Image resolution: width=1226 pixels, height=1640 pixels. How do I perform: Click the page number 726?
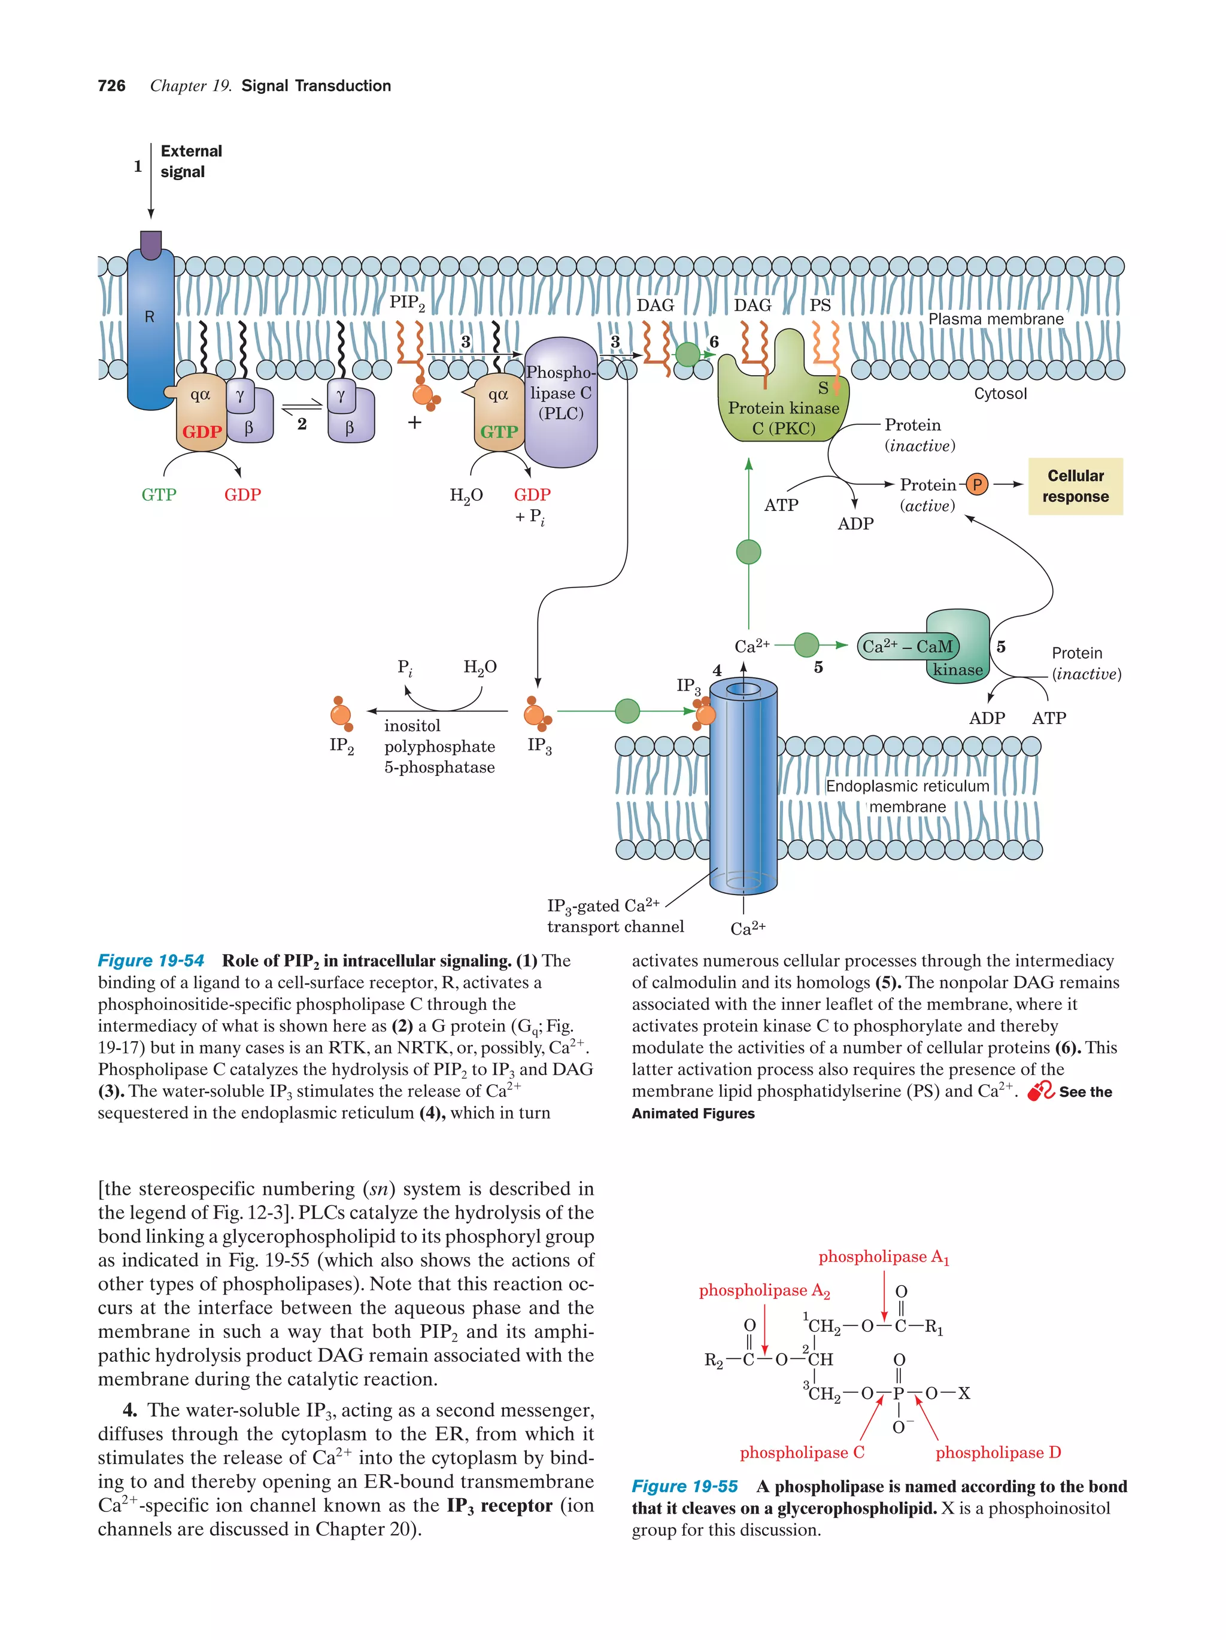tap(111, 86)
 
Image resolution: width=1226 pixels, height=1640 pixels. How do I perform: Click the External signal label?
tap(190, 162)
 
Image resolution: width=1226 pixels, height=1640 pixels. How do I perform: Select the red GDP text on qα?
tap(202, 431)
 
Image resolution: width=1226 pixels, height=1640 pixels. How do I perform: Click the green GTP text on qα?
tap(499, 431)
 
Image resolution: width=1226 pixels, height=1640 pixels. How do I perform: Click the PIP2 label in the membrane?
tap(407, 303)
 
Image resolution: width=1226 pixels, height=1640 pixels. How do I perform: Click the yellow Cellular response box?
tap(1075, 486)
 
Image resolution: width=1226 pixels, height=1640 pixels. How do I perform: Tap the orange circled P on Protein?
tap(977, 485)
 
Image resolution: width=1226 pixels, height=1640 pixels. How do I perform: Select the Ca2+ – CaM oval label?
tap(907, 647)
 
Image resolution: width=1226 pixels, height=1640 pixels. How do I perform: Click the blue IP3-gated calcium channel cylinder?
tap(742, 793)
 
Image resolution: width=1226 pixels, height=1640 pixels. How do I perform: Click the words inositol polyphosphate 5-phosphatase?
tap(439, 747)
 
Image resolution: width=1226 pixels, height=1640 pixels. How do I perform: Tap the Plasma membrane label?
tap(996, 319)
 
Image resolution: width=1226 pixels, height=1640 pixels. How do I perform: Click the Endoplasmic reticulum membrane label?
tap(907, 796)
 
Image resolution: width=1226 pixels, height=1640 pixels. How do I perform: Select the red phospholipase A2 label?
tap(764, 1291)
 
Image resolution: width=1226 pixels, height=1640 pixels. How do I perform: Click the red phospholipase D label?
tap(997, 1452)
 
